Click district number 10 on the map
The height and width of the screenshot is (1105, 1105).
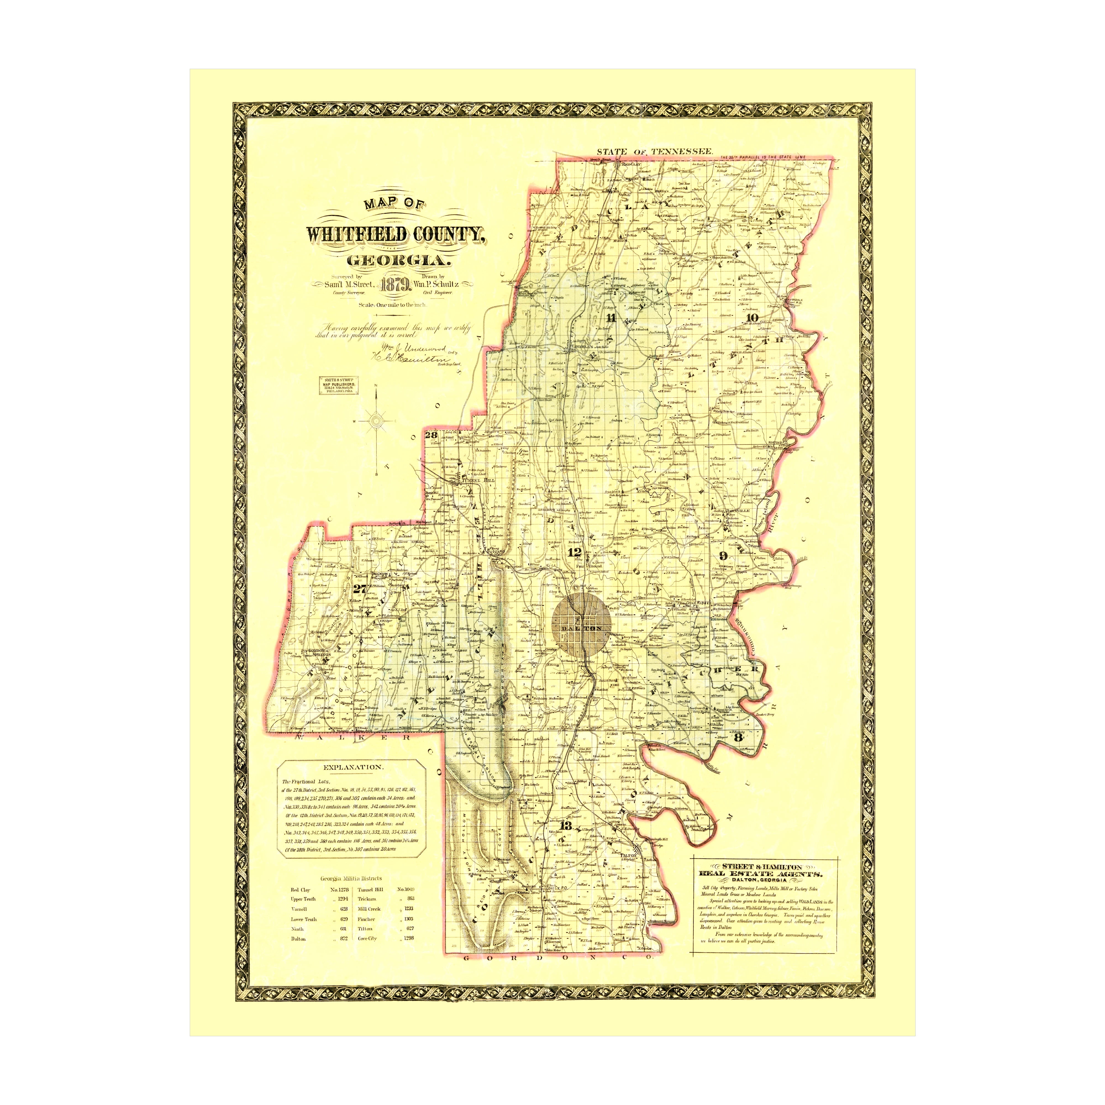752,318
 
